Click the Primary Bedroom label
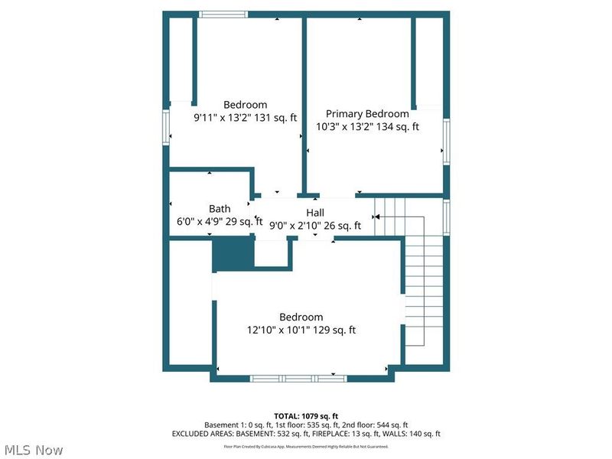[x=367, y=114]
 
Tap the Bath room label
[x=220, y=208]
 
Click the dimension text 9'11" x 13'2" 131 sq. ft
[x=245, y=118]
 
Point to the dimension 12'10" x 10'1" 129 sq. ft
[x=301, y=330]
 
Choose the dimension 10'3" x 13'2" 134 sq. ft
[x=367, y=128]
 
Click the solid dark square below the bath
[x=232, y=253]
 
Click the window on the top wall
[x=223, y=14]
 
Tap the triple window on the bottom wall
[x=299, y=378]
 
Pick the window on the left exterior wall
[x=165, y=126]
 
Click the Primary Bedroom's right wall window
[x=446, y=142]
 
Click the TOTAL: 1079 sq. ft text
[x=305, y=415]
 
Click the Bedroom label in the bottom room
[x=301, y=317]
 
